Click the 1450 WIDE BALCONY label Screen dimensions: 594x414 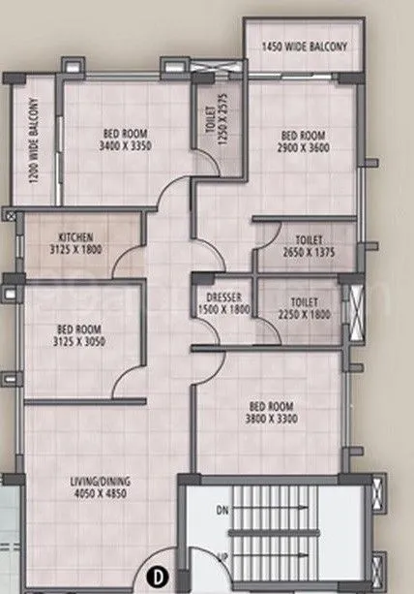(x=304, y=46)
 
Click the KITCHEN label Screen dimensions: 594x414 (x=74, y=237)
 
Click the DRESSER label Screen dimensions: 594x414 (x=222, y=297)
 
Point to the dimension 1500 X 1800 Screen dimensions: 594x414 (x=222, y=309)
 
